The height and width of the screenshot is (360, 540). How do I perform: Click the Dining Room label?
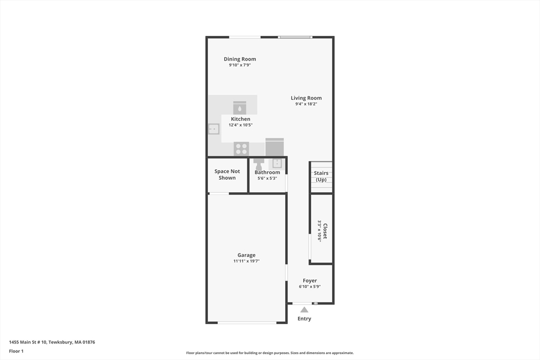pyautogui.click(x=239, y=59)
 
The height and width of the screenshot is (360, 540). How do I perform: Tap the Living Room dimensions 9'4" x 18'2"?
pyautogui.click(x=306, y=104)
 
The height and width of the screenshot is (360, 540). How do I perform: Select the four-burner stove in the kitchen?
pyautogui.click(x=241, y=149)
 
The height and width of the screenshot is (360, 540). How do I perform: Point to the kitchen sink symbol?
pyautogui.click(x=214, y=129)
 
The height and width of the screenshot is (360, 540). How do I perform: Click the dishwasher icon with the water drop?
pyautogui.click(x=239, y=108)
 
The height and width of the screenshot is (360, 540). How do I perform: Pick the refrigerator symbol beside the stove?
pyautogui.click(x=274, y=147)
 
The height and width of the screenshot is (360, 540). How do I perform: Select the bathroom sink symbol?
pyautogui.click(x=277, y=163)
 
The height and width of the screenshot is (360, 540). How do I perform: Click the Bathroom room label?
pyautogui.click(x=267, y=172)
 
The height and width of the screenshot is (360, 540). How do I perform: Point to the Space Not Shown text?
pyautogui.click(x=227, y=174)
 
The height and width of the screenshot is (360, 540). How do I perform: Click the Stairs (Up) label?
pyautogui.click(x=321, y=176)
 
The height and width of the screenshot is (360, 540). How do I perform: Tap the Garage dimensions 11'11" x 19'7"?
pyautogui.click(x=246, y=261)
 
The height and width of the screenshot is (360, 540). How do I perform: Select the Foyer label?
pyautogui.click(x=310, y=280)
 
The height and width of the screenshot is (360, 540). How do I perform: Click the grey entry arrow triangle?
pyautogui.click(x=304, y=309)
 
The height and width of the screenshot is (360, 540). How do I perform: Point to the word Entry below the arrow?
pyautogui.click(x=304, y=319)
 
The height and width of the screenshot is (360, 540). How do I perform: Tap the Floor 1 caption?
pyautogui.click(x=16, y=351)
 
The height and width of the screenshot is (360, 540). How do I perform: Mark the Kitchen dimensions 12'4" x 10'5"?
pyautogui.click(x=240, y=125)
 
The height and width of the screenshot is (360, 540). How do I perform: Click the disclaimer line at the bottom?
pyautogui.click(x=269, y=353)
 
